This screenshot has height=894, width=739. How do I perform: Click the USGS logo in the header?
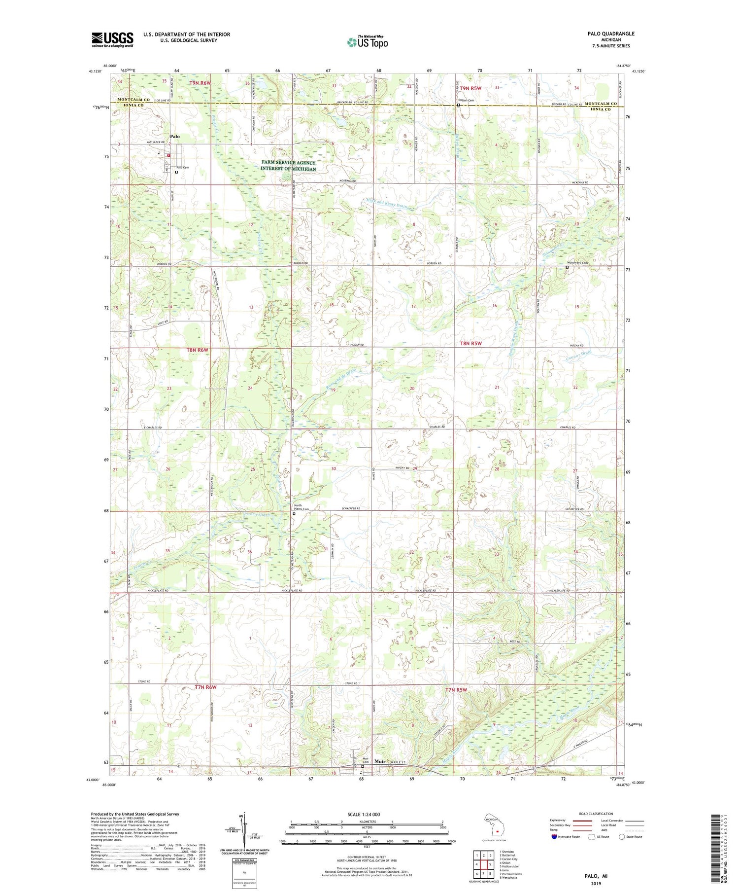(x=112, y=39)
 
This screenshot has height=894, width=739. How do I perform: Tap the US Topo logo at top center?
(x=367, y=42)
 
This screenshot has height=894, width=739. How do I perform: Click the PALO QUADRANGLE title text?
(x=610, y=34)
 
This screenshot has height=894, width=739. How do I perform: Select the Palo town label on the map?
(x=174, y=137)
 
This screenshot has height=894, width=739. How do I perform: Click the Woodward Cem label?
(x=577, y=263)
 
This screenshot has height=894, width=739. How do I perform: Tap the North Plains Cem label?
(x=301, y=507)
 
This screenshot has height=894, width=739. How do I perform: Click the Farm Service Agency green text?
(x=289, y=166)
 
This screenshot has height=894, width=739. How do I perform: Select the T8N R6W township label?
(x=198, y=350)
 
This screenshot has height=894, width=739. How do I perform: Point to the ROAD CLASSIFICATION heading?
(x=596, y=814)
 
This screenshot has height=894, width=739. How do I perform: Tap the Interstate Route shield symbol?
(x=554, y=837)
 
